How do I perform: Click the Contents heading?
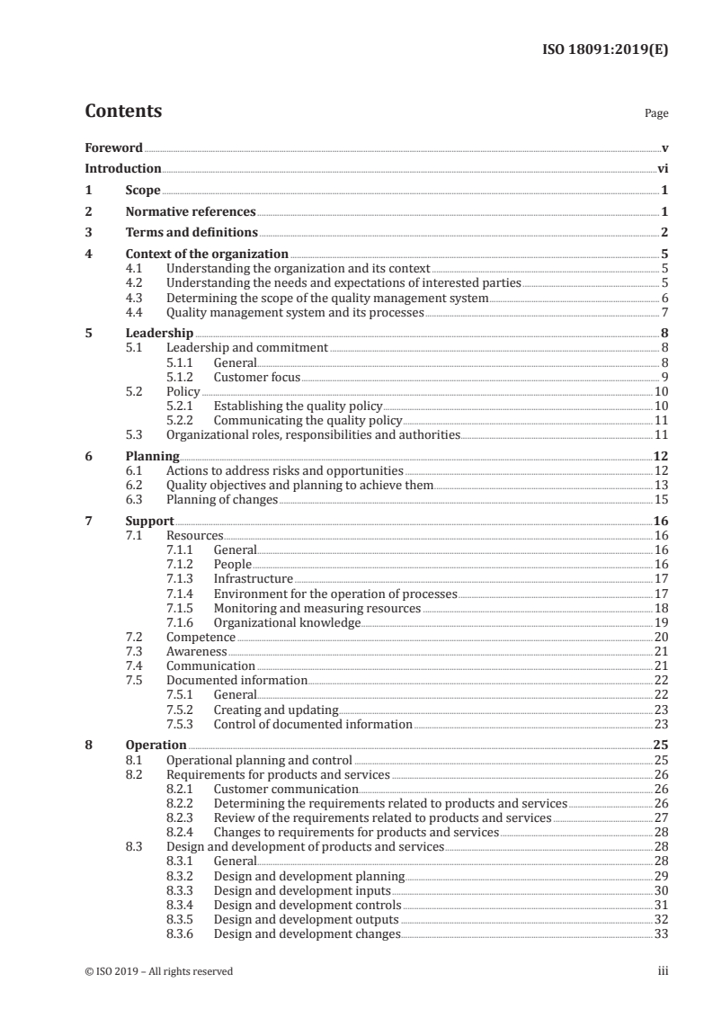tap(123, 112)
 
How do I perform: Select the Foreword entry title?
tap(113, 147)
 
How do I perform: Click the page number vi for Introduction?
tap(662, 168)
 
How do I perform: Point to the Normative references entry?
tap(191, 212)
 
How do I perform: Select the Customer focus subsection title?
tap(256, 378)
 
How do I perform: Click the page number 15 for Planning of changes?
tap(661, 499)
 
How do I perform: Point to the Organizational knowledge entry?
tap(287, 622)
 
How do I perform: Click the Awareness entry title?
tap(196, 651)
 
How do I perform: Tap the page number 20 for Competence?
tap(661, 637)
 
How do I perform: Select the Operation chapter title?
tap(156, 745)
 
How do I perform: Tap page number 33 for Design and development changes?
tap(661, 933)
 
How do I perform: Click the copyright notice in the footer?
tap(159, 971)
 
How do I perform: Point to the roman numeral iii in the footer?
tap(664, 971)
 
